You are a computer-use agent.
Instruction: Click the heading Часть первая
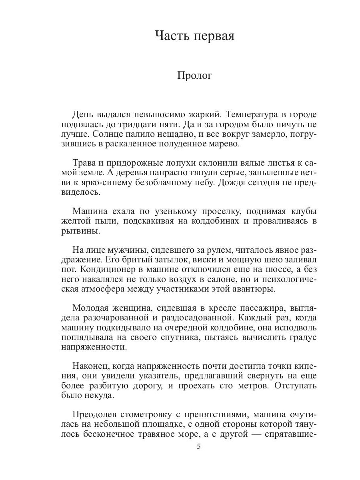[194, 36]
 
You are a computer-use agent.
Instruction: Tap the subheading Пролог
[194, 76]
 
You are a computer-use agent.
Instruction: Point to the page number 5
[199, 447]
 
